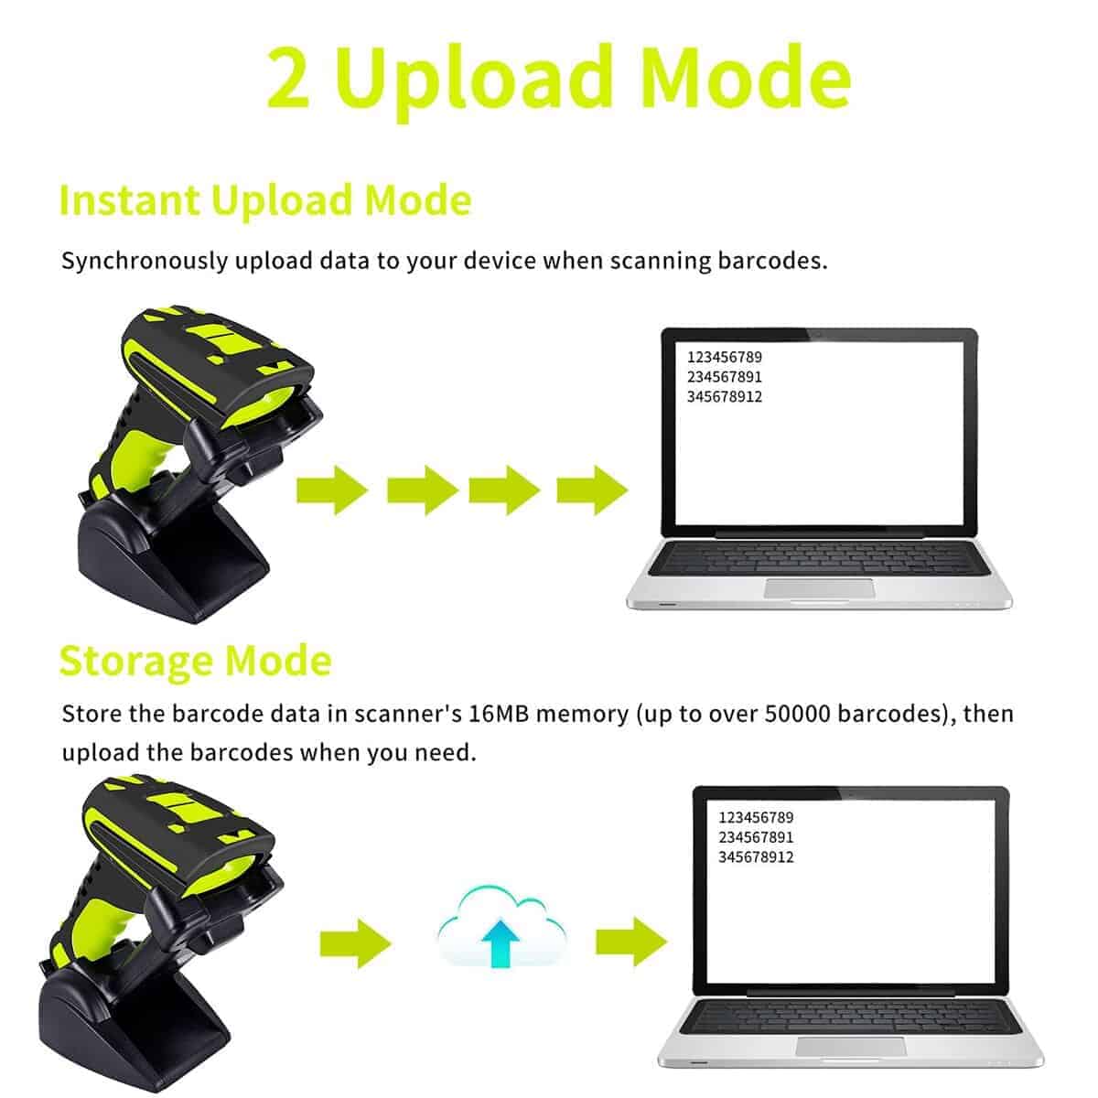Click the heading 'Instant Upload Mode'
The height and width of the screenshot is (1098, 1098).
(x=264, y=200)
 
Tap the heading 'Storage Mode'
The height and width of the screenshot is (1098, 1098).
(x=195, y=661)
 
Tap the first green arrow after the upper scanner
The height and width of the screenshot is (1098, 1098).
(x=331, y=490)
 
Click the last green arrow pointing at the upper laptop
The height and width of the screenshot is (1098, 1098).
(x=592, y=490)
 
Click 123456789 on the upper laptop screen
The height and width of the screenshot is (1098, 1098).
(x=724, y=357)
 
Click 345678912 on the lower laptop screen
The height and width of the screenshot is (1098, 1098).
(x=756, y=857)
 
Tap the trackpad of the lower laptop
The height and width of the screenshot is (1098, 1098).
(x=851, y=1048)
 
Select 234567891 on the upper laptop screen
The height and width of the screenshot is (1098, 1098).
(x=724, y=377)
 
